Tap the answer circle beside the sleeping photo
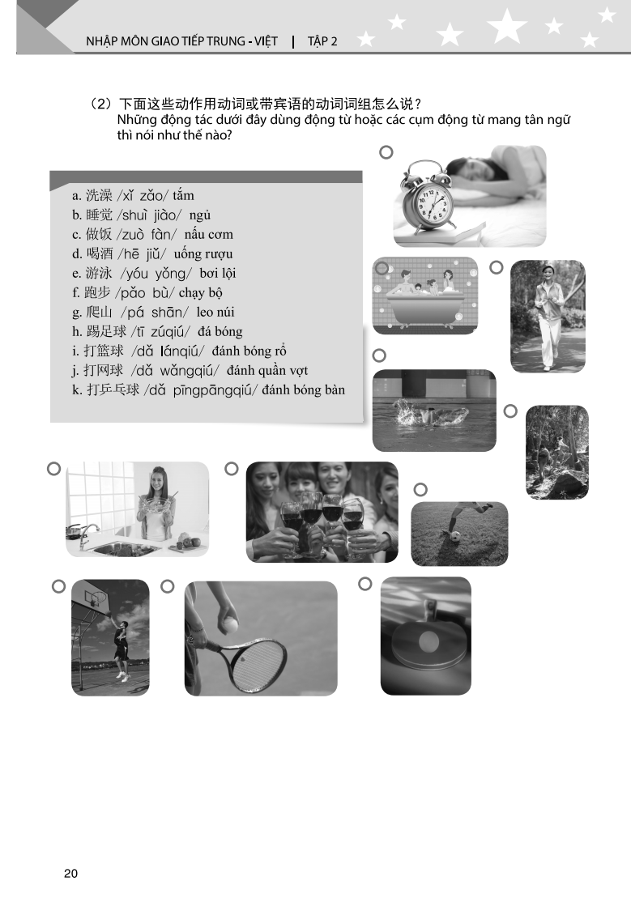click(x=386, y=152)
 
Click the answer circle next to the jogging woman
click(x=497, y=267)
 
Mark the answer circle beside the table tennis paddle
click(x=365, y=583)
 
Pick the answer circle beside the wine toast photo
click(x=232, y=468)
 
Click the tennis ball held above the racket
click(x=230, y=624)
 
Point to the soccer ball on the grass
click(x=454, y=536)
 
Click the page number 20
click(x=70, y=873)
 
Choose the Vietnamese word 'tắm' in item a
click(x=183, y=196)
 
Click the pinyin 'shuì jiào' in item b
click(x=150, y=215)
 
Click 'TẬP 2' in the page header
click(x=322, y=41)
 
